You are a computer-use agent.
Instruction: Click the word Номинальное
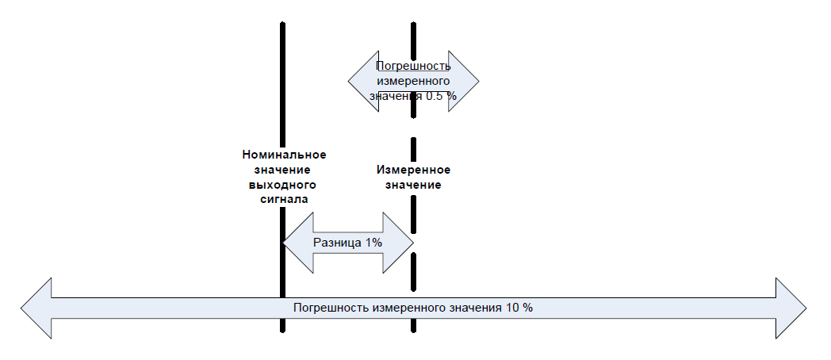(284, 155)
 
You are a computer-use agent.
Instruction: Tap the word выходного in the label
(284, 185)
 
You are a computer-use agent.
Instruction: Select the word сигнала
(284, 200)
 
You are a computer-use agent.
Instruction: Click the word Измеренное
(413, 170)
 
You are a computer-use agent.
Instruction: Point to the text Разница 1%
(348, 243)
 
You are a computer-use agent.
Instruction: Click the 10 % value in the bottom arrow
(519, 308)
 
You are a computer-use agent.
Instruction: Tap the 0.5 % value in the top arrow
(440, 95)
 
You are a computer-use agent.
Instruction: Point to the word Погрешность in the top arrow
(413, 66)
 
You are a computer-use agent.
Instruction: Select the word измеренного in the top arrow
(413, 80)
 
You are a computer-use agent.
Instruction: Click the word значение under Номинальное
(284, 170)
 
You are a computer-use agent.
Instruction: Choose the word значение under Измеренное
(413, 185)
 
